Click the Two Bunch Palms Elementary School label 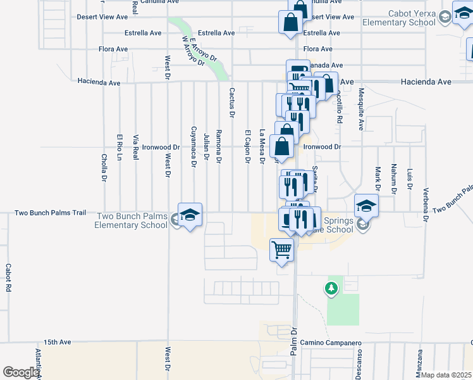pos(132,220)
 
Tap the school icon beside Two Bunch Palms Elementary pos(189,215)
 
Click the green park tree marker pos(331,289)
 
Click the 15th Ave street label pos(58,342)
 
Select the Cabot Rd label pos(8,277)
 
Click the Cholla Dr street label pos(104,167)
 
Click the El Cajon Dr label pos(247,147)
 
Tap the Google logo pos(20,372)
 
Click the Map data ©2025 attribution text pos(446,375)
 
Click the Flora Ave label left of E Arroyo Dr pos(113,49)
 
